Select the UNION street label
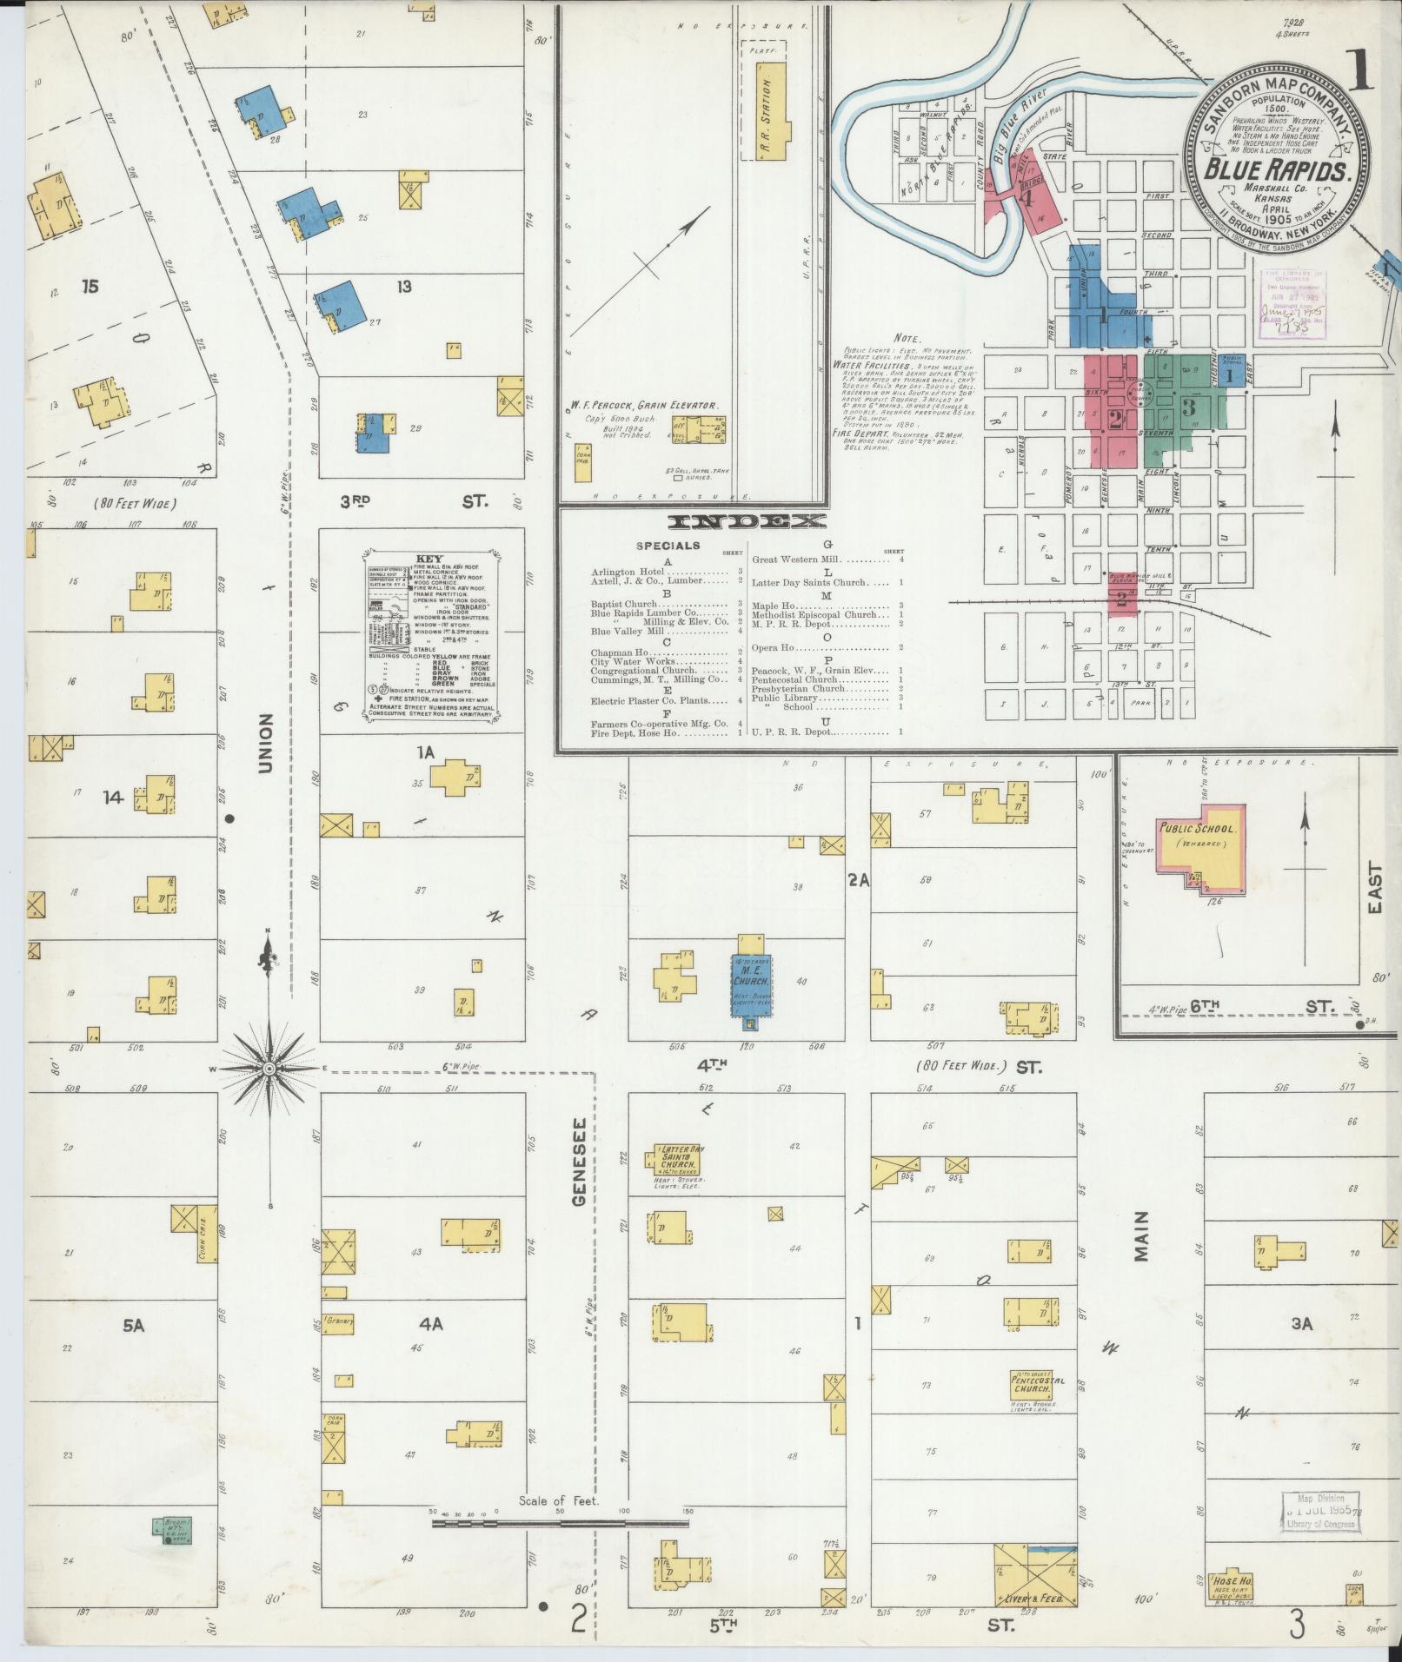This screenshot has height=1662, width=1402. (264, 744)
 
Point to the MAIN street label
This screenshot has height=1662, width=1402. (1141, 1236)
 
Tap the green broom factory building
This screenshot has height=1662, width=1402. (173, 1530)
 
